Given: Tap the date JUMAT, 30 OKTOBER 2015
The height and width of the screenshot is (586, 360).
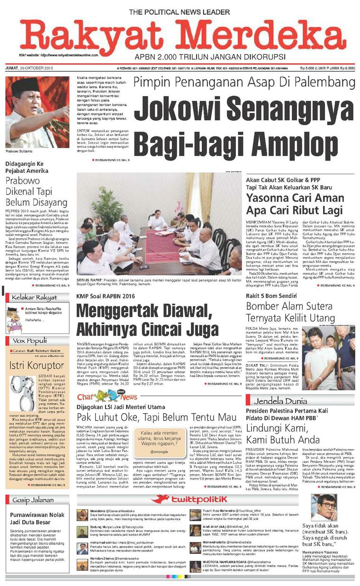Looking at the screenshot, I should [29, 69].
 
